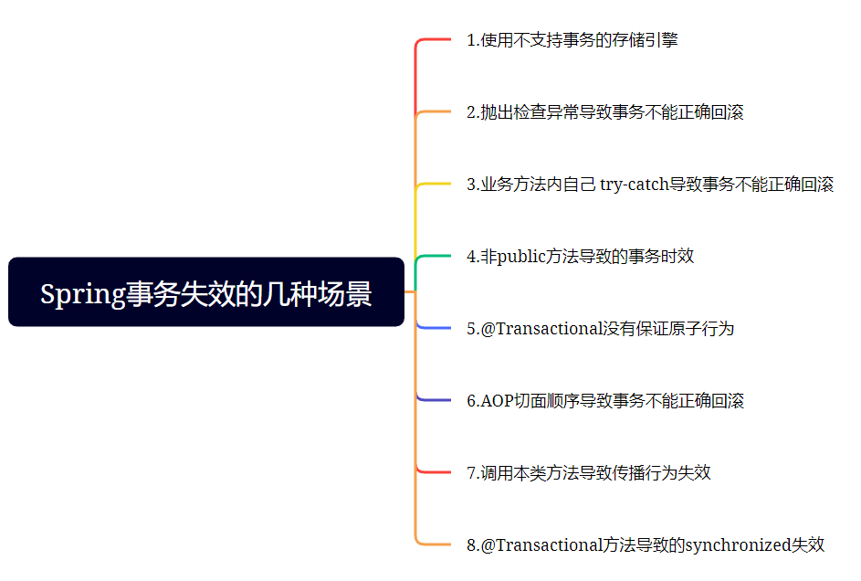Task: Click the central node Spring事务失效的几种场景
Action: point(205,292)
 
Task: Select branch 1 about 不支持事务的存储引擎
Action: point(572,40)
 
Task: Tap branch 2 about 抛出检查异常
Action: point(604,112)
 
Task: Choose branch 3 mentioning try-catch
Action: point(650,185)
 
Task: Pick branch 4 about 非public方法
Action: point(580,256)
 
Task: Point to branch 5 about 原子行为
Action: point(600,328)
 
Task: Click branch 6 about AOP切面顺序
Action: point(604,400)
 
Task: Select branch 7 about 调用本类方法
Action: point(588,472)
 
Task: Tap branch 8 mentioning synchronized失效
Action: point(646,544)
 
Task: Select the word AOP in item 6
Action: point(499,400)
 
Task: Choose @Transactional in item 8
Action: point(541,544)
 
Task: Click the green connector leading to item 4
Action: point(435,257)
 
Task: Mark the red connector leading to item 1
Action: point(435,40)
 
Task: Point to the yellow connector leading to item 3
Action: point(435,185)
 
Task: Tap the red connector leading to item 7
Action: point(435,472)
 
